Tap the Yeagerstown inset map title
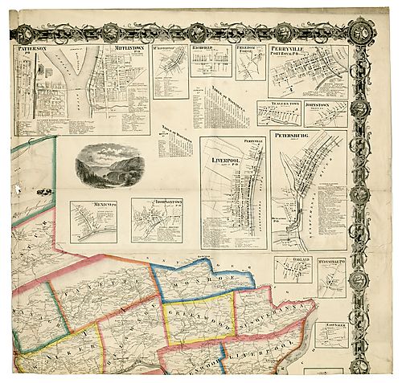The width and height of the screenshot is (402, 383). [x=276, y=104]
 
